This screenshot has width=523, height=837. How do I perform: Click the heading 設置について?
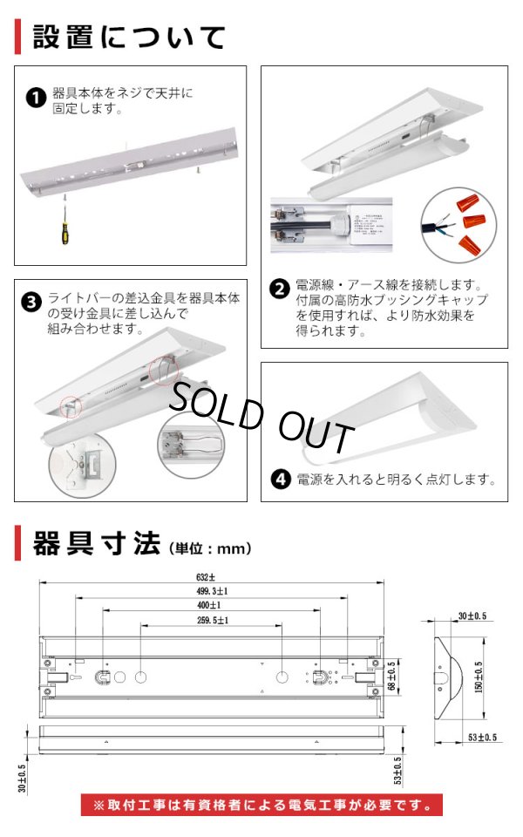[x=129, y=37]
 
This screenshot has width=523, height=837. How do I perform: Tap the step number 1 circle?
[x=35, y=98]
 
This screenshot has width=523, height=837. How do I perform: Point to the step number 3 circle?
[x=31, y=303]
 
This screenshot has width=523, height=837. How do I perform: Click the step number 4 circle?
[x=281, y=479]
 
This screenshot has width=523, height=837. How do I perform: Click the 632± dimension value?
[x=207, y=576]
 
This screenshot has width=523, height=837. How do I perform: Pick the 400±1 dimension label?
[x=207, y=605]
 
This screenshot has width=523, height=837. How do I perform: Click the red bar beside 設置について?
[x=17, y=37]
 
